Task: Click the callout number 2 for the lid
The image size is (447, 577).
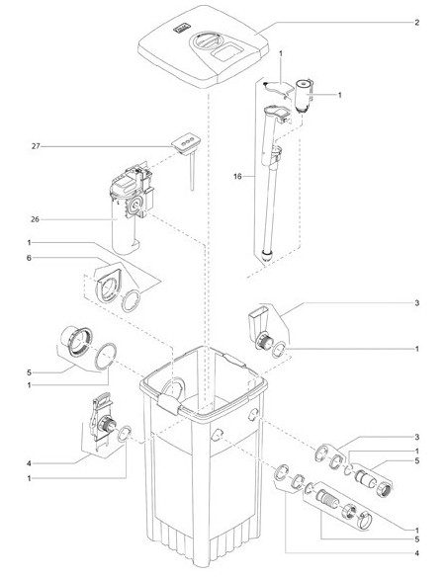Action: click(x=416, y=23)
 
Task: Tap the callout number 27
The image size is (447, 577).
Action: click(x=36, y=146)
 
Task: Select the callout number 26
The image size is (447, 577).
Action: click(x=35, y=219)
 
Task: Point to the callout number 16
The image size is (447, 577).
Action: click(x=237, y=177)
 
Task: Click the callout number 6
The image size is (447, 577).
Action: click(x=29, y=258)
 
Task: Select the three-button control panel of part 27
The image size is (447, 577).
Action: click(x=186, y=142)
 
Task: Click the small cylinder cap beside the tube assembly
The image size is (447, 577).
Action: click(x=304, y=94)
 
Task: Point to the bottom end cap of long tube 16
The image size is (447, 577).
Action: click(x=267, y=254)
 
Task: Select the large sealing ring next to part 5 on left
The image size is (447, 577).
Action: click(x=106, y=356)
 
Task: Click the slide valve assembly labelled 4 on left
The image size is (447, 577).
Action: click(x=102, y=420)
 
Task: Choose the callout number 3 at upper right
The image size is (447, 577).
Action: click(x=416, y=303)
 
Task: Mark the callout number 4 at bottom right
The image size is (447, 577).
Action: click(x=416, y=553)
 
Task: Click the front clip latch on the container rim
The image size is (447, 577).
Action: click(x=169, y=404)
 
